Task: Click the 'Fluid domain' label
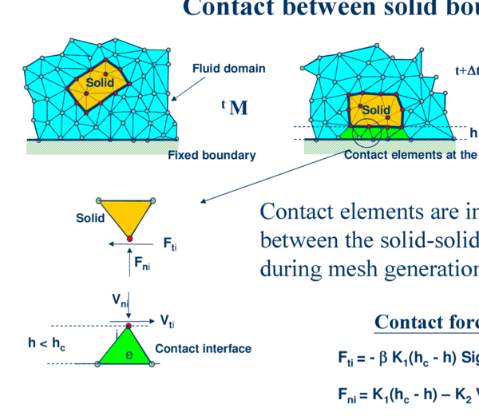point(228,69)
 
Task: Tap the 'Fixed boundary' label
point(212,155)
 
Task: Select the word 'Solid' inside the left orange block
point(99,83)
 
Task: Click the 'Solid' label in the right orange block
point(375,110)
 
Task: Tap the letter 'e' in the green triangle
point(128,354)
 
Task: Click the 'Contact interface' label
point(203,348)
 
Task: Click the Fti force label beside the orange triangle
point(170,242)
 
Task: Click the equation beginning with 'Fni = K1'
point(407,393)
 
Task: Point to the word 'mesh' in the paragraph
point(364,265)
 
